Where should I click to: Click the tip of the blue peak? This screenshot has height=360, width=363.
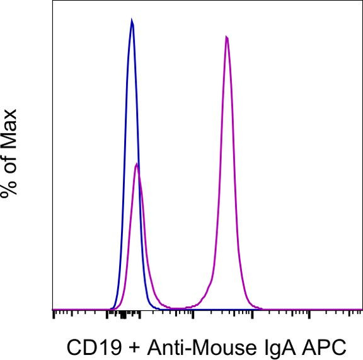[132, 20]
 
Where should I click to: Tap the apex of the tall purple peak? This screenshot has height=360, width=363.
[226, 37]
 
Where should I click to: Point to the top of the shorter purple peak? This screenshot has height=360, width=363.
[137, 164]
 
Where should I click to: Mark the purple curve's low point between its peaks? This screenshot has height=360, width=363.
[180, 308]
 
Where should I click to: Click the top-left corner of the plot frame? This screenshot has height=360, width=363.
[53, 1]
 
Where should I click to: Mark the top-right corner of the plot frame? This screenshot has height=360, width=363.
[362, 1]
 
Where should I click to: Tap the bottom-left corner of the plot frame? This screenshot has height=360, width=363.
[53, 310]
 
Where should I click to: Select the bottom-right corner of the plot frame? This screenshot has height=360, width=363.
[362, 310]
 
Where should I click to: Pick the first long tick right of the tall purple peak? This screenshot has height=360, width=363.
[252, 315]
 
